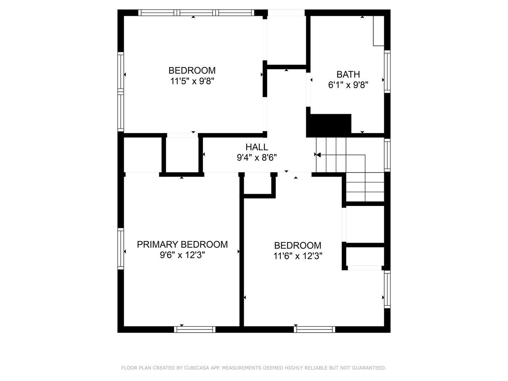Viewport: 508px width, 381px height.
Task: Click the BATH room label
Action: point(348,74)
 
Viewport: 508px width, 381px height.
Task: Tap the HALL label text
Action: point(257,147)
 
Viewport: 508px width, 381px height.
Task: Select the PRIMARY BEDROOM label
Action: point(182,244)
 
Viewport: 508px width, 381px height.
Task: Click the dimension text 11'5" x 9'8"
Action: point(192,81)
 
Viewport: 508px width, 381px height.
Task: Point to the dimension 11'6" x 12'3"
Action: point(298,256)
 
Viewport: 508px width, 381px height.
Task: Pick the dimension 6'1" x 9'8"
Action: point(348,85)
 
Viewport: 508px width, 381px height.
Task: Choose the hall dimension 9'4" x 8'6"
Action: point(257,158)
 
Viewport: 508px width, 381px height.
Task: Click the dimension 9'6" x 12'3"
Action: point(182,255)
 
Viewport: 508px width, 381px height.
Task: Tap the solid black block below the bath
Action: point(329,126)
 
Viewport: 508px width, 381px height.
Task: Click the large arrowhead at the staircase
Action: point(318,155)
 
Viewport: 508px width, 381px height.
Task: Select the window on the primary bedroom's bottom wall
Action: point(195,329)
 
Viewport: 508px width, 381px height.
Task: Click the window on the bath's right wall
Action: point(387,72)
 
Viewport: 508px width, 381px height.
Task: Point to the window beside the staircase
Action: point(387,155)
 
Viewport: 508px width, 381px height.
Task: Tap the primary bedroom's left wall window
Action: point(121,249)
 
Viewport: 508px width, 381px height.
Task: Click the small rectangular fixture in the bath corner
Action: point(379,31)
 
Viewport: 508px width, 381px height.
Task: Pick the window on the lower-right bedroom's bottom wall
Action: point(315,329)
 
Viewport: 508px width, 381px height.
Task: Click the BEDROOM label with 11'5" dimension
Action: point(192,70)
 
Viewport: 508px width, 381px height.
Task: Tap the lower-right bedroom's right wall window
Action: point(387,289)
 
